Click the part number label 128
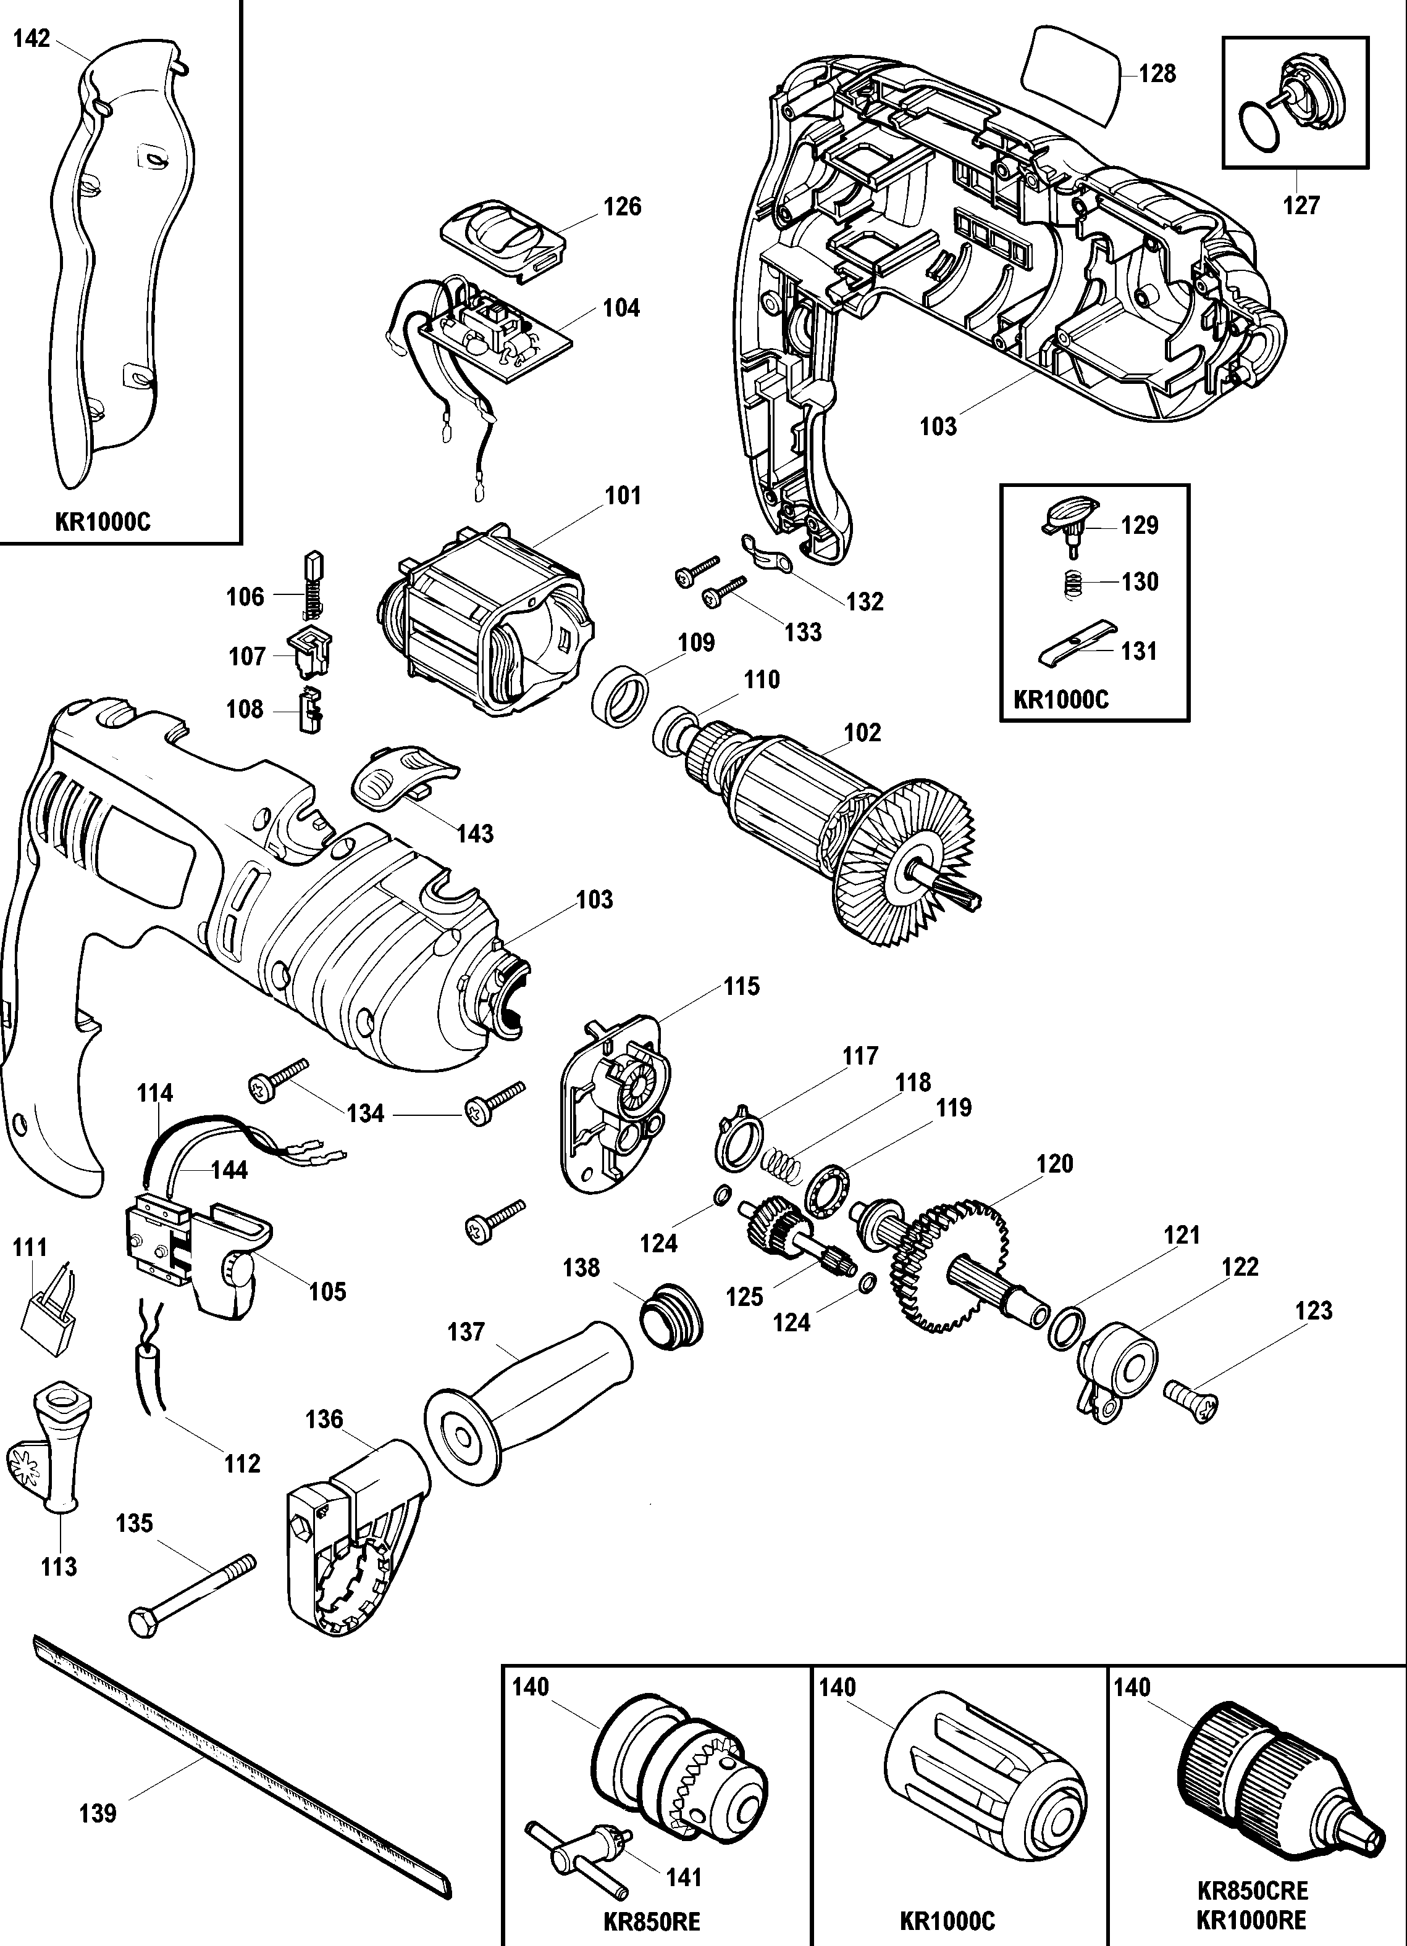[1157, 74]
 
